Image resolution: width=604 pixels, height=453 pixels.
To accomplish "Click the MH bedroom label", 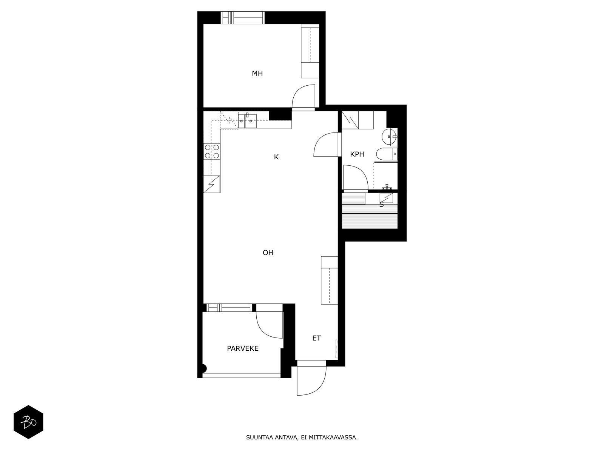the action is click(x=257, y=74).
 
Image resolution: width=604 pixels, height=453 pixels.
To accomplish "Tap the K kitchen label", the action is click(x=276, y=157).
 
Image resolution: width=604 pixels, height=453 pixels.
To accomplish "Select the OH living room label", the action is click(x=268, y=253).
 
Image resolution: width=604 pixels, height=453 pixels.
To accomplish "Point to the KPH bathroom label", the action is click(x=357, y=154).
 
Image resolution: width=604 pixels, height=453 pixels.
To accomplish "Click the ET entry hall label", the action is click(x=316, y=338).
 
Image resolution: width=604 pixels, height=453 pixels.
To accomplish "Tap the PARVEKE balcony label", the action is click(x=243, y=348).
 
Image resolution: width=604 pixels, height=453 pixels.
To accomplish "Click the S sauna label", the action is click(x=381, y=204).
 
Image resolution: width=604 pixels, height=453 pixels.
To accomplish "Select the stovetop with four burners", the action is click(x=212, y=151).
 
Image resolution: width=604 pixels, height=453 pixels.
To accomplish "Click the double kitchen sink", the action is click(x=247, y=121).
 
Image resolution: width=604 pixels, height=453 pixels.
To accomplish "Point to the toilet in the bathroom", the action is click(x=387, y=154).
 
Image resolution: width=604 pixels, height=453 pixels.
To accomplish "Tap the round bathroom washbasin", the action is click(x=389, y=137).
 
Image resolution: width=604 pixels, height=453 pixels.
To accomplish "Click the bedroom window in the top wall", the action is click(x=242, y=18).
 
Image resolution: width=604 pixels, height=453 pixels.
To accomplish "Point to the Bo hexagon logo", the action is click(x=28, y=422).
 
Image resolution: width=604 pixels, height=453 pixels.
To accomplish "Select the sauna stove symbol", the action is click(x=386, y=198).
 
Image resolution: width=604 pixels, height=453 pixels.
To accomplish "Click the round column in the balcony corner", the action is click(x=204, y=368).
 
